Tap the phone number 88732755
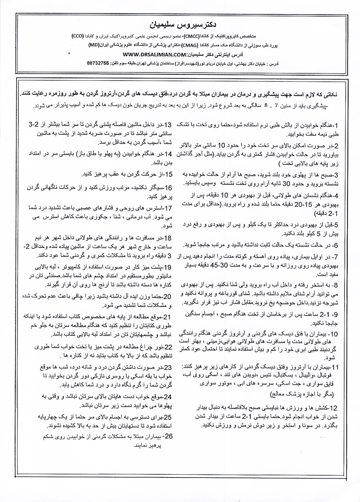[98, 62]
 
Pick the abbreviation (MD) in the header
[94, 46]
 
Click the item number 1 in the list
[335, 125]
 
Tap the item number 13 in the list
[168, 125]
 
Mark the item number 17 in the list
[168, 208]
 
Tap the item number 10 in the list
[333, 334]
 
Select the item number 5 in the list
[335, 225]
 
